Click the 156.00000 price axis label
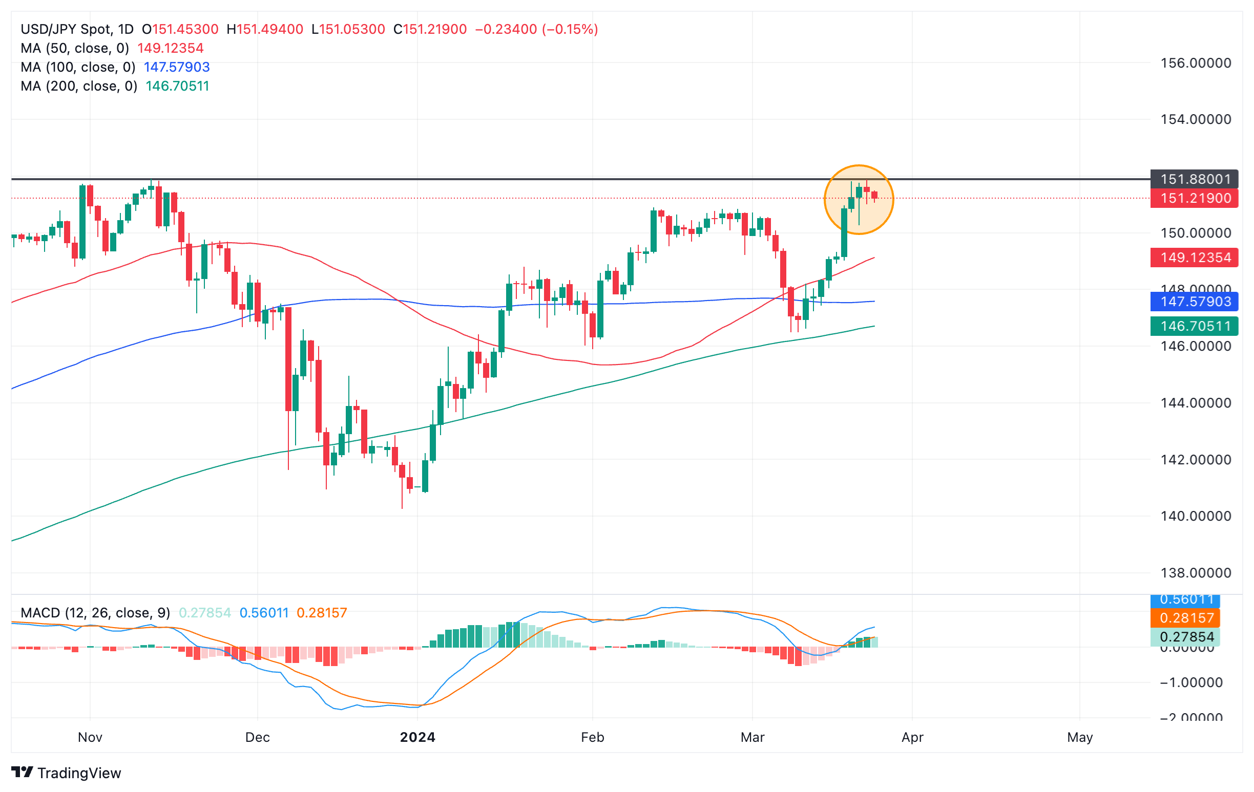pos(1195,63)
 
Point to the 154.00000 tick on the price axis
pos(1195,119)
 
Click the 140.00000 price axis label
pos(1195,516)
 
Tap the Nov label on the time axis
pos(90,737)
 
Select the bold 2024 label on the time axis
pos(417,737)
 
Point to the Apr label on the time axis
pos(912,737)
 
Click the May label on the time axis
pos(1079,737)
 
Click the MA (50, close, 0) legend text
pos(74,49)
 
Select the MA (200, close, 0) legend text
pos(79,86)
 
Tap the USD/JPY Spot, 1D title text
pos(77,29)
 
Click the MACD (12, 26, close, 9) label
pos(95,612)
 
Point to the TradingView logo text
pos(79,773)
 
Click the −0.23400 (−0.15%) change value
pos(536,29)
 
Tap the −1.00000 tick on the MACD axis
pos(1191,682)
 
